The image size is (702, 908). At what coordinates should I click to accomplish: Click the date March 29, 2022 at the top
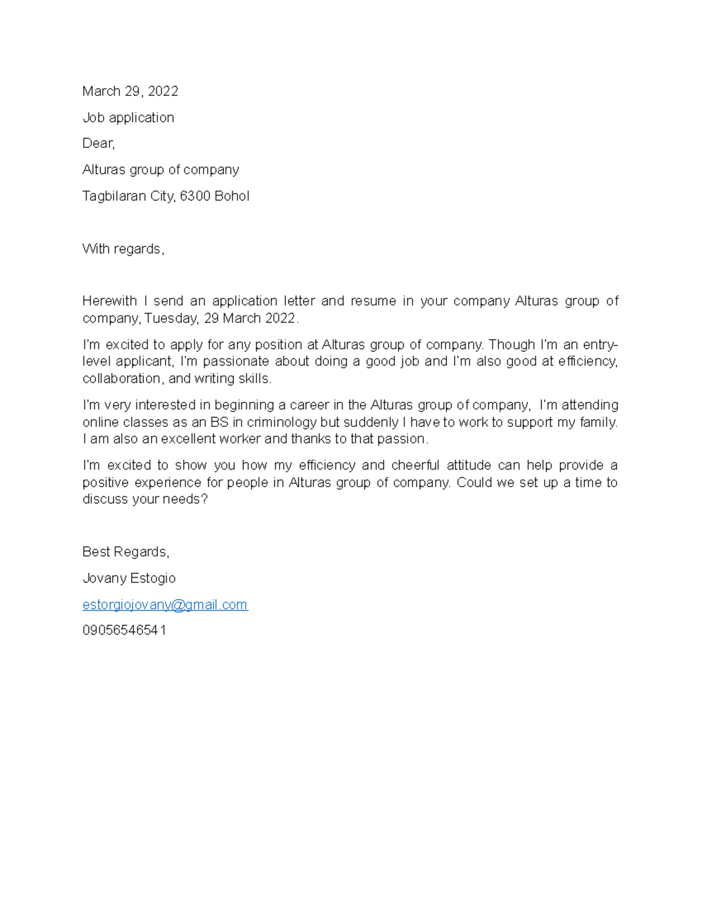click(130, 91)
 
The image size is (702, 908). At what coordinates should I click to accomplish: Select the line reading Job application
click(128, 118)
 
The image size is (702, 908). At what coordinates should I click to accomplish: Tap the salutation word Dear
click(98, 144)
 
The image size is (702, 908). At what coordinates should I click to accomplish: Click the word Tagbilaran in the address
click(114, 196)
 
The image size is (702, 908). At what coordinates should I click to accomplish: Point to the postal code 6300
click(195, 196)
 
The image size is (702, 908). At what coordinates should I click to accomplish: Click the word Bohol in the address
click(232, 196)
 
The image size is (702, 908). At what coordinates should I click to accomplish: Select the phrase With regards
click(123, 249)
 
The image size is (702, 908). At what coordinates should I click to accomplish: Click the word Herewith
click(109, 301)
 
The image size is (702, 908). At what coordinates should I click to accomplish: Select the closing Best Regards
click(125, 552)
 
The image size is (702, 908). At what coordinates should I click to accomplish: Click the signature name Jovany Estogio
click(129, 578)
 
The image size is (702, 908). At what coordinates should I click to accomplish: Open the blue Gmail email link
click(165, 605)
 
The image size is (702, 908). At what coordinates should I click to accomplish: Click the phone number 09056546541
click(124, 630)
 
